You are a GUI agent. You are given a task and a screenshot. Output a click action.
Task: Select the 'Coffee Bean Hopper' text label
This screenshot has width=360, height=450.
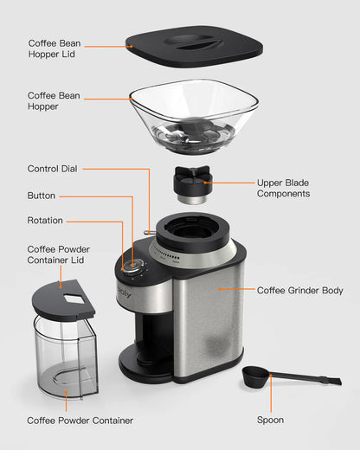pos(55,101)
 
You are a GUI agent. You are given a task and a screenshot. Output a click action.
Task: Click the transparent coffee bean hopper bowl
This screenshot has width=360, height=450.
pos(194,117)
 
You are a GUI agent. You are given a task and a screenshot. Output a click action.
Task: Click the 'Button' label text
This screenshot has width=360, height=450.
pos(42,196)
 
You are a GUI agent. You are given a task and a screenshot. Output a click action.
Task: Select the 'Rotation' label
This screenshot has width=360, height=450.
pos(45,221)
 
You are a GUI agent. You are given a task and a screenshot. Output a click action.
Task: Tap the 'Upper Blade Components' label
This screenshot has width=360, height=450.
pos(283,188)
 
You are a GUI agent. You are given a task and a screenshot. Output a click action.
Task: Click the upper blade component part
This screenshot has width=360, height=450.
pos(193,183)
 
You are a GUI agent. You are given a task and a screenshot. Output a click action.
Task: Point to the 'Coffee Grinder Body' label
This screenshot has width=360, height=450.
pos(300,291)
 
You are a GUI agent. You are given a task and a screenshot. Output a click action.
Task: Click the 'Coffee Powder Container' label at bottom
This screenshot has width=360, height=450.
pos(80,421)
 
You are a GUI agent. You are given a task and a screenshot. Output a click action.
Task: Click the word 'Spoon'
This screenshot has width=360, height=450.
pos(270,421)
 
